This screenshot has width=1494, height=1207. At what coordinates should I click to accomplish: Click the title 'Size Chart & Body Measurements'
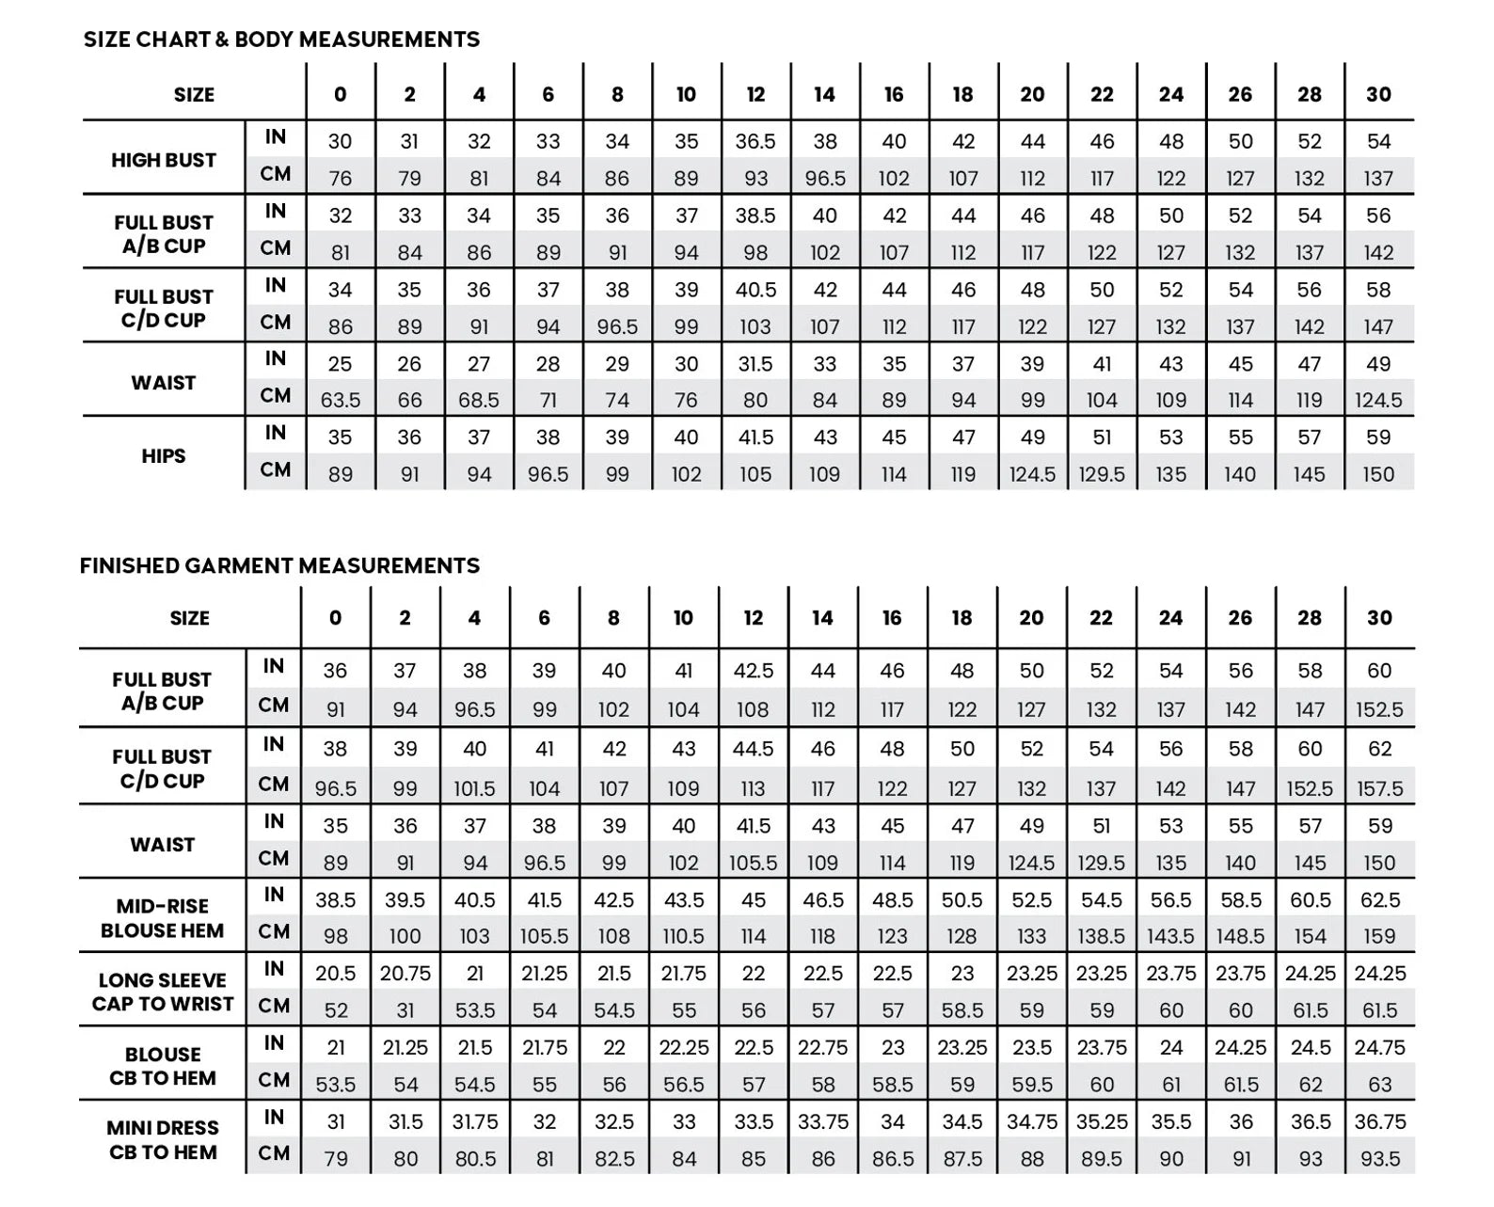click(x=281, y=40)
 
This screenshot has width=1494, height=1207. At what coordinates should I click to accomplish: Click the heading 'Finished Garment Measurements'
click(x=279, y=565)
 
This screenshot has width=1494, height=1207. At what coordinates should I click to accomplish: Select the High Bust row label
click(x=164, y=160)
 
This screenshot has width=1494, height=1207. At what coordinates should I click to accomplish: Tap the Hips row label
click(x=164, y=456)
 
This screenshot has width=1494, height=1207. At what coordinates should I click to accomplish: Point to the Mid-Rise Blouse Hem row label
click(x=162, y=918)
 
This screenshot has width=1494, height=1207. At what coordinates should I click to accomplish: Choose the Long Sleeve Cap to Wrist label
click(x=162, y=992)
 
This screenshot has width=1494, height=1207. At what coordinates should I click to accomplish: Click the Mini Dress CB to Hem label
click(x=162, y=1139)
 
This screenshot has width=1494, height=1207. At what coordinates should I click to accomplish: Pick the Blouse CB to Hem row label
click(x=162, y=1066)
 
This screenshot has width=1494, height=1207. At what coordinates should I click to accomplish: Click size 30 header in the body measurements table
click(x=1378, y=94)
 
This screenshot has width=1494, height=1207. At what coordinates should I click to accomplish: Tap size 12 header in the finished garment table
click(x=753, y=618)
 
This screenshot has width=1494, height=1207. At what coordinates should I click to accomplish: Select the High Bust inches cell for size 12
click(x=755, y=141)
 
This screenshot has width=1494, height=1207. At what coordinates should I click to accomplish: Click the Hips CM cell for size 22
click(x=1102, y=474)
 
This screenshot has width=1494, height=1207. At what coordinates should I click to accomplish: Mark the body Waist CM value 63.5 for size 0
click(x=340, y=400)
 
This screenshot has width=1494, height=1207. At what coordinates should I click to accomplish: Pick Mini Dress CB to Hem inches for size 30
click(x=1380, y=1121)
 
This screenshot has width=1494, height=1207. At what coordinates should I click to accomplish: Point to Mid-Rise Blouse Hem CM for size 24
click(x=1170, y=936)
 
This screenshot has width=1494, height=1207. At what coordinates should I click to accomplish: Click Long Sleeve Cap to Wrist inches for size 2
click(x=405, y=974)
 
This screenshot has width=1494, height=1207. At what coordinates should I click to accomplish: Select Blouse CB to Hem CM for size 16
click(x=892, y=1084)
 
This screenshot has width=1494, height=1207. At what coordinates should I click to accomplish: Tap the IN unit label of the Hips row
click(x=275, y=433)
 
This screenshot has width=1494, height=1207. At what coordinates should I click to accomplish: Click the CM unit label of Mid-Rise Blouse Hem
click(x=274, y=931)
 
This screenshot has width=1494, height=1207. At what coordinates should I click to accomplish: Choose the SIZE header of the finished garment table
click(x=190, y=618)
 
